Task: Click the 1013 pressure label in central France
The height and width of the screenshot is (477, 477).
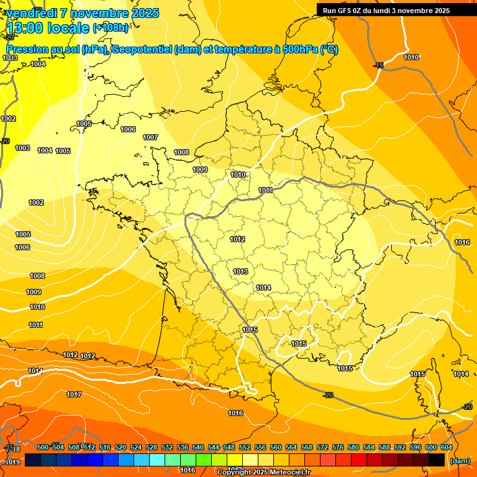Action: click(x=240, y=271)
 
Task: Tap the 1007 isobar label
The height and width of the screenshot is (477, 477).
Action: click(x=150, y=137)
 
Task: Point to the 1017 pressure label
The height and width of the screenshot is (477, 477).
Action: click(x=74, y=394)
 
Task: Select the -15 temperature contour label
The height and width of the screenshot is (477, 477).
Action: click(x=379, y=65)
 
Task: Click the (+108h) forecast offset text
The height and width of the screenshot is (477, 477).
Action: click(x=111, y=28)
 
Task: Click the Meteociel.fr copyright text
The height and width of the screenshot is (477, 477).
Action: click(x=263, y=473)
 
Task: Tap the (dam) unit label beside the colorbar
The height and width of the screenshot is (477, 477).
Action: click(x=460, y=461)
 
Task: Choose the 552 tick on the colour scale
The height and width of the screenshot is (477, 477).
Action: click(x=245, y=447)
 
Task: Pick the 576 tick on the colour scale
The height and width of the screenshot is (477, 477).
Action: click(x=338, y=447)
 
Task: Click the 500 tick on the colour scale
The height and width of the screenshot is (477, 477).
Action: click(x=43, y=447)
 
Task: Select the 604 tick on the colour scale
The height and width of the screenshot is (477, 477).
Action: click(x=447, y=447)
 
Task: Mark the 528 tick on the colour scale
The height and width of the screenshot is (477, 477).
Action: click(x=152, y=447)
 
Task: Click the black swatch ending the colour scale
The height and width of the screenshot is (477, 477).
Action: click(x=437, y=460)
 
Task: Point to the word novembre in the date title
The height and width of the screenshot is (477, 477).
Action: click(x=99, y=13)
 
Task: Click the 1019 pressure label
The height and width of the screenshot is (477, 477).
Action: click(x=12, y=462)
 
